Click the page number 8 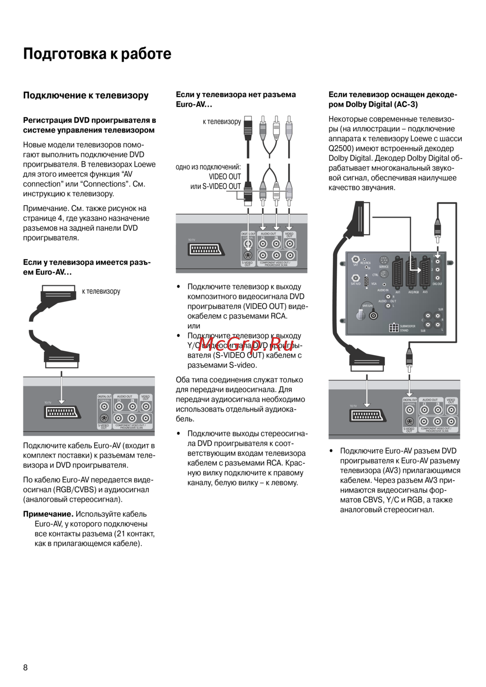[26, 668]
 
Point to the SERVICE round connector [383, 260]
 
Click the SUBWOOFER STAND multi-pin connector [394, 327]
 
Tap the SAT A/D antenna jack [356, 278]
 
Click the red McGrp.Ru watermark [245, 344]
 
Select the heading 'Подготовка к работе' [97, 53]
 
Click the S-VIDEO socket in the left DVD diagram [104, 418]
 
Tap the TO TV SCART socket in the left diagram [62, 412]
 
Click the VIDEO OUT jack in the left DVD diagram [146, 407]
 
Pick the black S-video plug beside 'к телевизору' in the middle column [248, 127]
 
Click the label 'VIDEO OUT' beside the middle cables [225, 177]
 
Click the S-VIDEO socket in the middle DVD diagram [248, 256]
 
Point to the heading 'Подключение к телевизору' [86, 95]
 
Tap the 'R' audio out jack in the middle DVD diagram [277, 244]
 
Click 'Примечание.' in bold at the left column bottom [48, 514]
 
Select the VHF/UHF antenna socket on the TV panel [373, 316]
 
